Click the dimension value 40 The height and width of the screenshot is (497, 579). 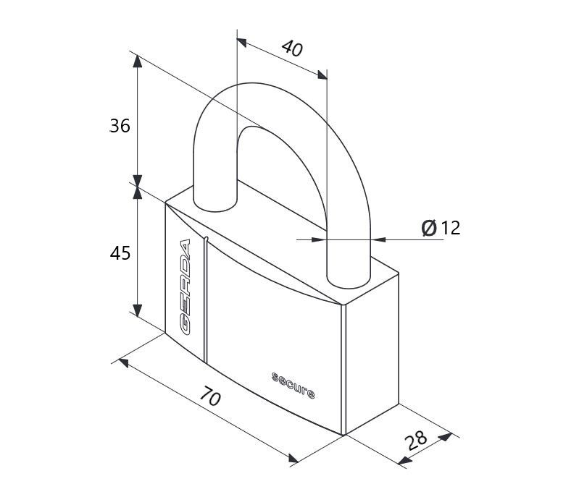tap(292, 48)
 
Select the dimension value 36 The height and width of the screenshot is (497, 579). tap(120, 126)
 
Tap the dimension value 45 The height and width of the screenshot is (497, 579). tap(120, 253)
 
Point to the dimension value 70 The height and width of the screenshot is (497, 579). tap(210, 396)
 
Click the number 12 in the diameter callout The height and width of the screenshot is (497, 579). tap(451, 228)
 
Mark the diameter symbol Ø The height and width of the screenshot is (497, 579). tap(429, 227)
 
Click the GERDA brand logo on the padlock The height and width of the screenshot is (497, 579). tap(185, 287)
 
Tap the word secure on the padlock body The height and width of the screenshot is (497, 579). tap(293, 386)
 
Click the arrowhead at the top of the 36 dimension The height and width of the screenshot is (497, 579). tap(138, 61)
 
